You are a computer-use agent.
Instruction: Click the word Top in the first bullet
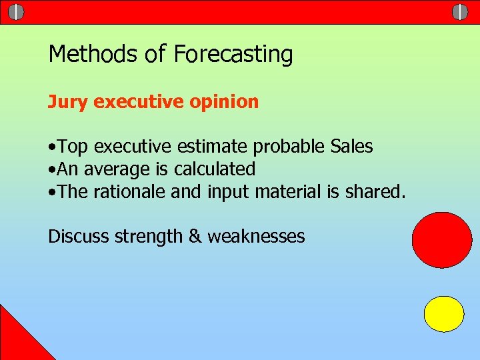pos(74,146)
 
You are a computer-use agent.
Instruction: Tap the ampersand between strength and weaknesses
pos(195,236)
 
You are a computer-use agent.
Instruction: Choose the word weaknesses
pos(256,236)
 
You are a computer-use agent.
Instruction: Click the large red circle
pos(442,240)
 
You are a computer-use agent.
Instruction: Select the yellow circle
pos(444,314)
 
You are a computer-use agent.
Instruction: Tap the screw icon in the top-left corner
pos(17,12)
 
